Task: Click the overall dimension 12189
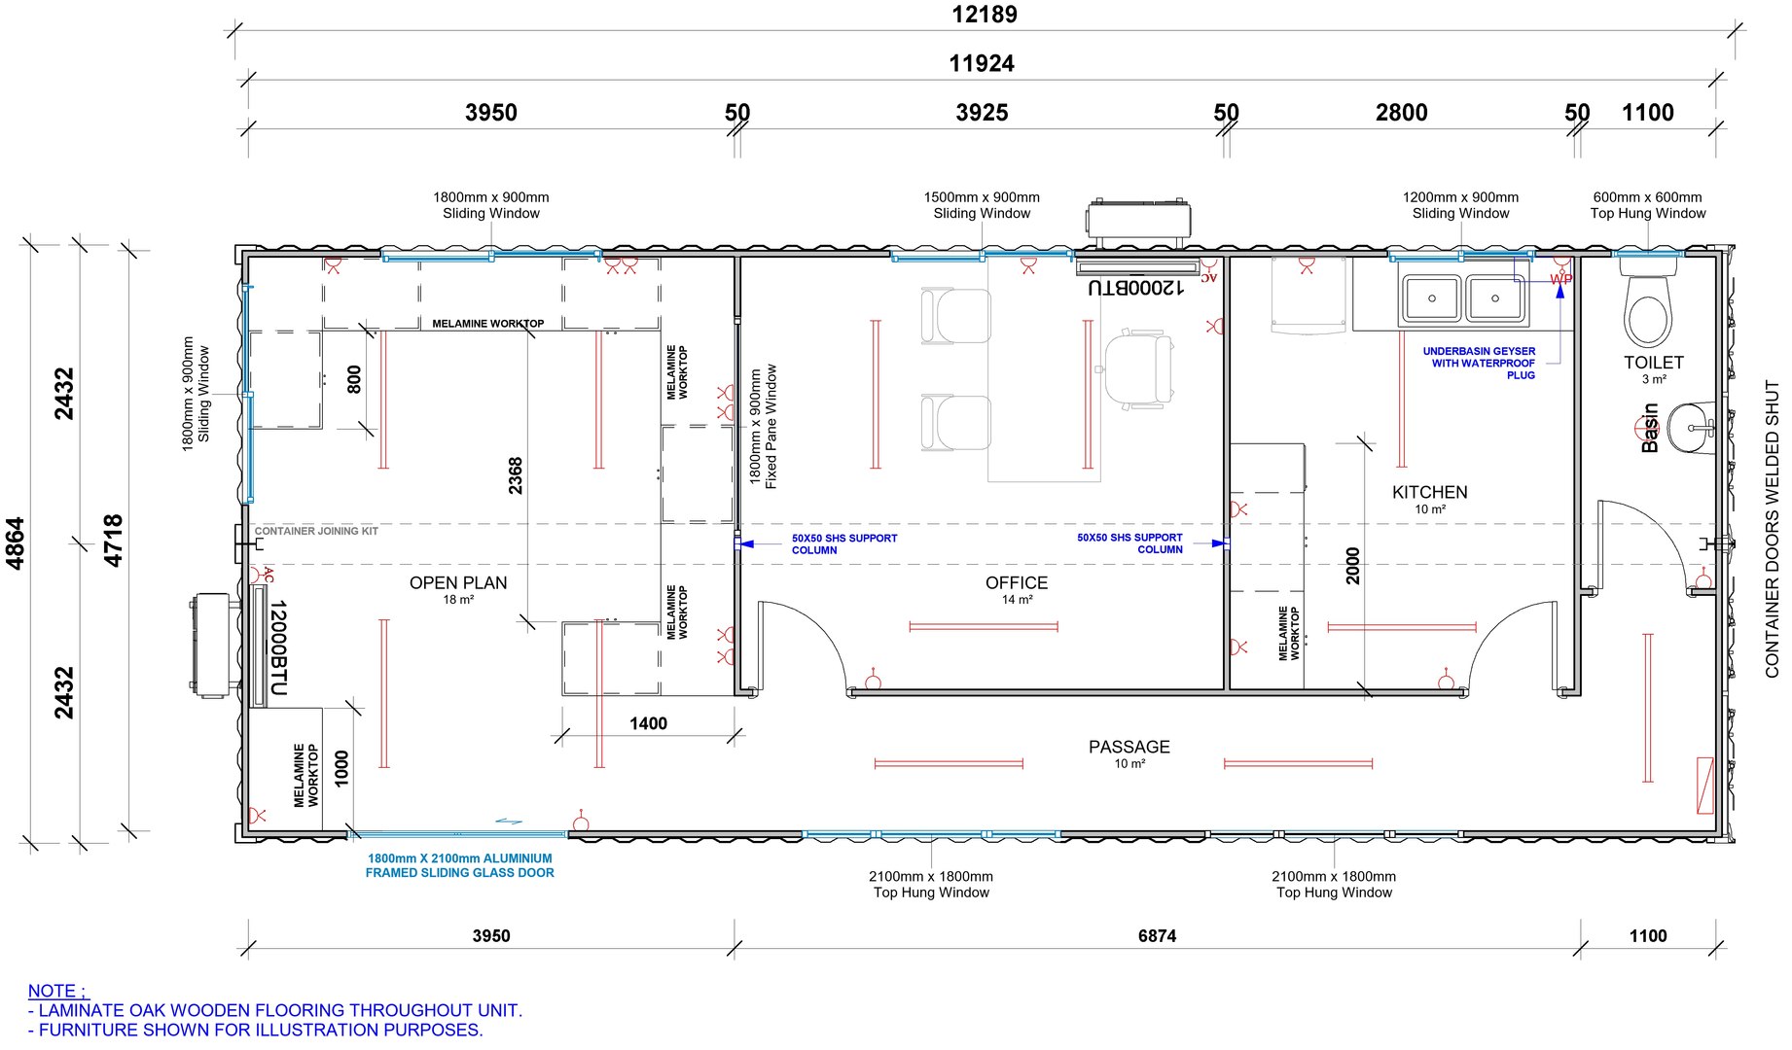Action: (984, 15)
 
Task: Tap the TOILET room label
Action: (1653, 363)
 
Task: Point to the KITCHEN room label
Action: (1429, 492)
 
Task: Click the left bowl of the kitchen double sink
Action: (1431, 298)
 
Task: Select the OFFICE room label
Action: (1016, 582)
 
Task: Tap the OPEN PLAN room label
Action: (458, 582)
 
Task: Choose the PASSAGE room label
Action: (1129, 747)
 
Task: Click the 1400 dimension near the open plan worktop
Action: (648, 723)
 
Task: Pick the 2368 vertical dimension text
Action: (516, 475)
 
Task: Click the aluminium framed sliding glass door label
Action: (459, 865)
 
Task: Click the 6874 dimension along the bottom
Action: (1157, 936)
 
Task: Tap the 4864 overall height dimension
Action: (16, 542)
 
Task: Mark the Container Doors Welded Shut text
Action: (1772, 529)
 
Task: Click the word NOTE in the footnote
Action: (54, 991)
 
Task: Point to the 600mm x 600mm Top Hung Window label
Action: (1647, 205)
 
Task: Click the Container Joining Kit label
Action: (316, 531)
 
